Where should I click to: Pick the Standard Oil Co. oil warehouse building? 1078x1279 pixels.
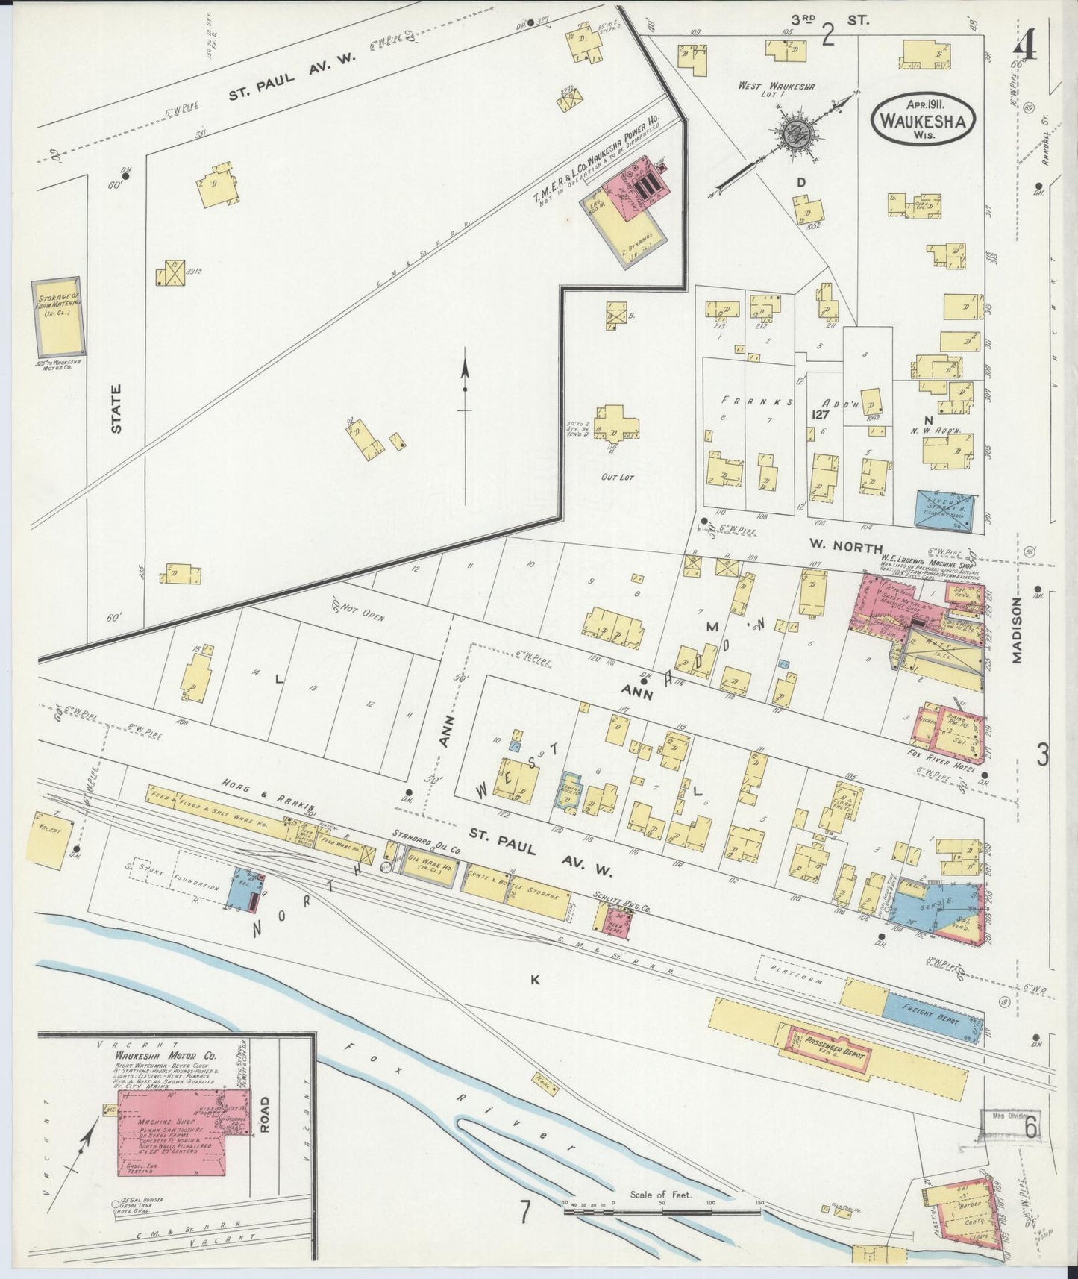pyautogui.click(x=429, y=871)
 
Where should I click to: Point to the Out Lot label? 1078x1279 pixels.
pyautogui.click(x=616, y=475)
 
